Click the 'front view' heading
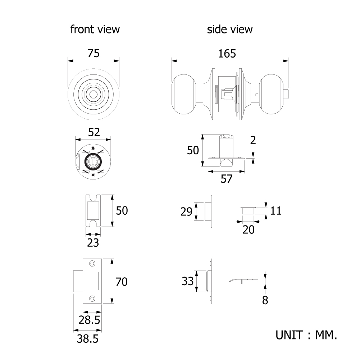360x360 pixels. pos(95,29)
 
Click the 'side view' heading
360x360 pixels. pos(229,29)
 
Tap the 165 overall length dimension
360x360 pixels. pos(227,54)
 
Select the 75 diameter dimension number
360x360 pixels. pos(94,53)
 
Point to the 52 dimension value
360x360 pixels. pos(94,132)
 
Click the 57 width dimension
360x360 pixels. pos(227,179)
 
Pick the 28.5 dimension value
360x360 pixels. pos(89,320)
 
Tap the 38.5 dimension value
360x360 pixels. pos(87,339)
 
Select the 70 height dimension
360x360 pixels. pos(122,282)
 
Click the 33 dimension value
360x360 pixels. pos(188,281)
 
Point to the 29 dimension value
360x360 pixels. pos(186,212)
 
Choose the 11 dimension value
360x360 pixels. pos(276,211)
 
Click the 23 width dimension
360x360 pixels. pos(93,243)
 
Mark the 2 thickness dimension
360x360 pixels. pos(253,140)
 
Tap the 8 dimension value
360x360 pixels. pos(265,300)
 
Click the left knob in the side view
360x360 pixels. pos(184,94)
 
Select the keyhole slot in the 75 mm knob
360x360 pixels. pos(93,94)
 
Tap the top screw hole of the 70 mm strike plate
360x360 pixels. pos(92,264)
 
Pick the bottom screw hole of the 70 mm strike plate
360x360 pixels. pos(92,299)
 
